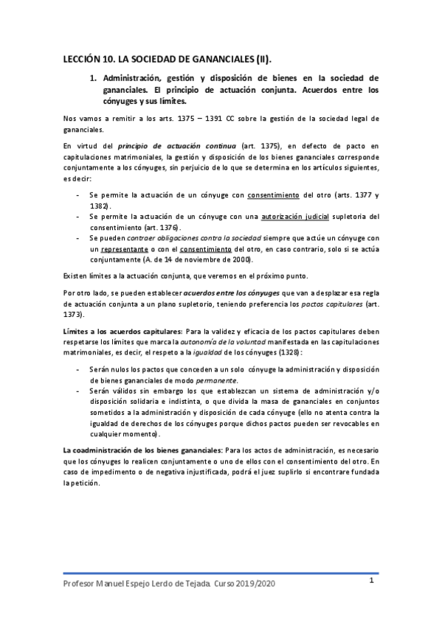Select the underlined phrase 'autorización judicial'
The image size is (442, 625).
[291, 217]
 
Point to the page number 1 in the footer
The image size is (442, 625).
[373, 580]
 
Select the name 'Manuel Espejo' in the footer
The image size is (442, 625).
[125, 583]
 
